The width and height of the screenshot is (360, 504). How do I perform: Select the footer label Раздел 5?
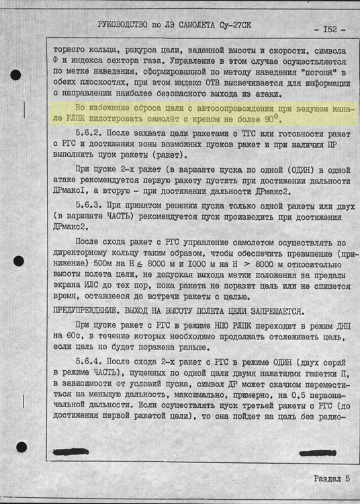point(331,478)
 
